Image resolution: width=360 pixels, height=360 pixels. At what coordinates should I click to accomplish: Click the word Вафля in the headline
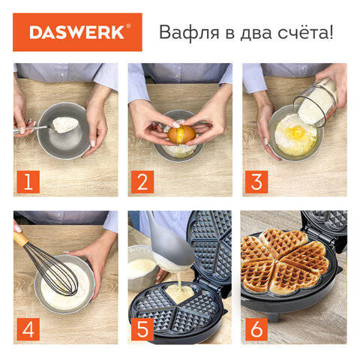[189, 32]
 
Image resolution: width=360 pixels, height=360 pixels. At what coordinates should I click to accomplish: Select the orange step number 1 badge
[28, 181]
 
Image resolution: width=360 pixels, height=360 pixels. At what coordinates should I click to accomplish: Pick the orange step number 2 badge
[142, 181]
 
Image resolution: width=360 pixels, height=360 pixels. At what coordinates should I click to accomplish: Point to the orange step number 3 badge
[256, 181]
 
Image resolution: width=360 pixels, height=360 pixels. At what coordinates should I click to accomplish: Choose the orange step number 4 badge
[28, 329]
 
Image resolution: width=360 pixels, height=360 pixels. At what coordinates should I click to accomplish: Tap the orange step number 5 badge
[142, 329]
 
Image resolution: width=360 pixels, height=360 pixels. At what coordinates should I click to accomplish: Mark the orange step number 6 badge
[256, 329]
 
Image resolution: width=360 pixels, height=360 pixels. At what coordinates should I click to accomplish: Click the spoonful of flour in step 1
[65, 124]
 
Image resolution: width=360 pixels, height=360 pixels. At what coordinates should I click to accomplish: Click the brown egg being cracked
[181, 134]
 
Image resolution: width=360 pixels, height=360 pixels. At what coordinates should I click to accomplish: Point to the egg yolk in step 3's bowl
[296, 130]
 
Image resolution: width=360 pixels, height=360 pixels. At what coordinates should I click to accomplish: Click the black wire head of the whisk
[55, 272]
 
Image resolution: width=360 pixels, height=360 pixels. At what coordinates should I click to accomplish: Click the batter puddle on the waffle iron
[179, 293]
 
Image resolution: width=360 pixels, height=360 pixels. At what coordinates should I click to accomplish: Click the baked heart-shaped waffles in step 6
[284, 261]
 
